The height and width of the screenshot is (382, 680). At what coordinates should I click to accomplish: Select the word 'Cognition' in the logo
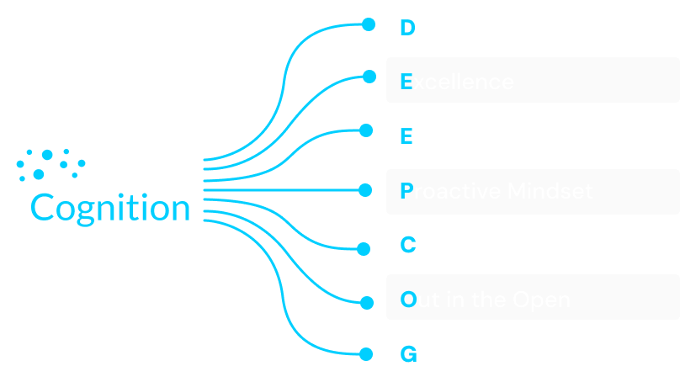click(110, 207)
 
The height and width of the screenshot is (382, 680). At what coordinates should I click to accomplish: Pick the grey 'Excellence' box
click(533, 80)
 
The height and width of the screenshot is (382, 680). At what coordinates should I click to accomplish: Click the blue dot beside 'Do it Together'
click(368, 24)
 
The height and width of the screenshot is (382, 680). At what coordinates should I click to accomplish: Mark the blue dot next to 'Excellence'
click(369, 77)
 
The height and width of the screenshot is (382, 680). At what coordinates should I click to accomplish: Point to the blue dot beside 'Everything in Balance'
click(365, 130)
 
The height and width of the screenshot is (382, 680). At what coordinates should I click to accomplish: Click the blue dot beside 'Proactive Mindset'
click(365, 190)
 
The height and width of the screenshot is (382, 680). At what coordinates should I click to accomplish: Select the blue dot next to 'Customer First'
click(364, 248)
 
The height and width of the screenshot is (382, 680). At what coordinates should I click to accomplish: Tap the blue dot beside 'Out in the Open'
click(366, 301)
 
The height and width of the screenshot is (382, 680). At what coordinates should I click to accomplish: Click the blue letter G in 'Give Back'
click(407, 354)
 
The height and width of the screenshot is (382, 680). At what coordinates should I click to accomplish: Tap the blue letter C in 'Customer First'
click(407, 245)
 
